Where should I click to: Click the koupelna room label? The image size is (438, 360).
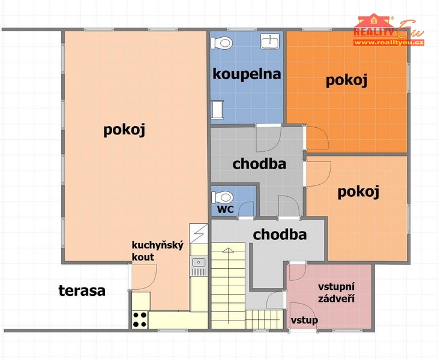(247, 74)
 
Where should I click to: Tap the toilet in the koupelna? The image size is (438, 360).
(222, 43)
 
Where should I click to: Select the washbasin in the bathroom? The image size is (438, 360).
(270, 41)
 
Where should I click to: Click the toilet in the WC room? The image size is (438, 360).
(223, 197)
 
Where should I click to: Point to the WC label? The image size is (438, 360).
(226, 209)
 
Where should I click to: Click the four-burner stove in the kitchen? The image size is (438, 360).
(140, 320)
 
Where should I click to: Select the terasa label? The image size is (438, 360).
(82, 291)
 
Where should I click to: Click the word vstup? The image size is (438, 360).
(304, 320)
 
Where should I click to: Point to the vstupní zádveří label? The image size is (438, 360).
(337, 293)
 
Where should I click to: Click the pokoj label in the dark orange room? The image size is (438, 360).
(346, 80)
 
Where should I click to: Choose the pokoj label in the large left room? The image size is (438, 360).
(124, 130)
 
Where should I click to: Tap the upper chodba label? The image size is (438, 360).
(259, 164)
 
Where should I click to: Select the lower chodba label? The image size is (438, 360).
(280, 235)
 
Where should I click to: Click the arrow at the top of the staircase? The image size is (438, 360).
(228, 251)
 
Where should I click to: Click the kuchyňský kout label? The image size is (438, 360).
(158, 251)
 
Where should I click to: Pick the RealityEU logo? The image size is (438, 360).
(389, 29)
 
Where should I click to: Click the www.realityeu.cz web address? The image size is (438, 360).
(389, 43)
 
